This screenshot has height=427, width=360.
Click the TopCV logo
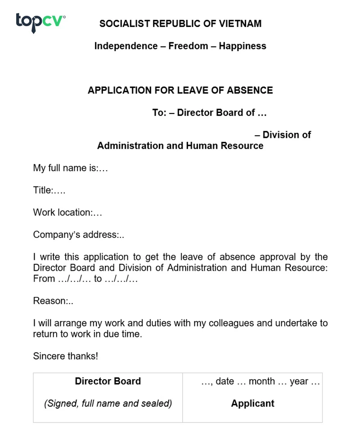[x=40, y=22]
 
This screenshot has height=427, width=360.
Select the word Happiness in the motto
[x=243, y=46]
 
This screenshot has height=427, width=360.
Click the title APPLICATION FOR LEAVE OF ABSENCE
[x=180, y=90]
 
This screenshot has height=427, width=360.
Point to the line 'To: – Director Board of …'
[x=210, y=113]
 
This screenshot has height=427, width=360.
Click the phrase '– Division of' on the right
[x=283, y=135]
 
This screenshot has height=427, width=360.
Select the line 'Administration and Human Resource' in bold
[x=180, y=146]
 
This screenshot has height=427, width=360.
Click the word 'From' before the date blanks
[x=44, y=278]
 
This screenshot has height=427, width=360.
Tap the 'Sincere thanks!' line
[x=65, y=356]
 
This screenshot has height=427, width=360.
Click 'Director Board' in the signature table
[x=108, y=381]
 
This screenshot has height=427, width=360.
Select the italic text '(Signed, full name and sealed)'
[x=108, y=403]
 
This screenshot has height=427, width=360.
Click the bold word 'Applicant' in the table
[x=252, y=403]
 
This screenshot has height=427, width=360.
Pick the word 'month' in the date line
[x=261, y=382]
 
